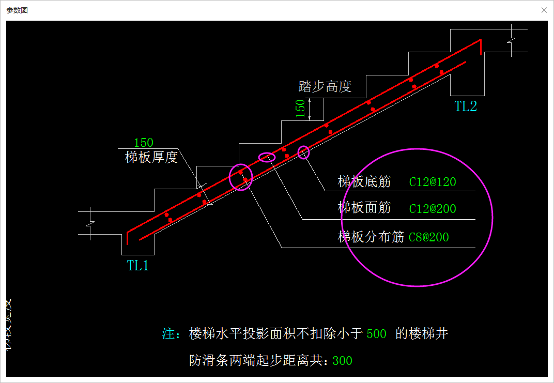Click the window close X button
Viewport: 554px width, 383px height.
pyautogui.click(x=544, y=10)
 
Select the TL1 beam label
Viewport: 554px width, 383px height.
pyautogui.click(x=138, y=266)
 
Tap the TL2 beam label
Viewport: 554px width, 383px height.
pyautogui.click(x=466, y=106)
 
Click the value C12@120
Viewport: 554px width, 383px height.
pyautogui.click(x=433, y=182)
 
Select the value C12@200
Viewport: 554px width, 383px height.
pyautogui.click(x=433, y=209)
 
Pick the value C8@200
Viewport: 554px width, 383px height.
pyautogui.click(x=428, y=238)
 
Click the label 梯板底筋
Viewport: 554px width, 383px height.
pyautogui.click(x=364, y=181)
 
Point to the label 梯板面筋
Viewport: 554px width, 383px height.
pyautogui.click(x=364, y=208)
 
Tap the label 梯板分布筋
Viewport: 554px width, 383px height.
pyautogui.click(x=371, y=237)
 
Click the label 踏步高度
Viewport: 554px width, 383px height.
pyautogui.click(x=325, y=86)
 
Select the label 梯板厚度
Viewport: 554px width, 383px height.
pyautogui.click(x=151, y=157)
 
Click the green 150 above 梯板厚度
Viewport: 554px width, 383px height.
pyautogui.click(x=144, y=143)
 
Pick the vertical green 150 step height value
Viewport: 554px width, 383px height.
pyautogui.click(x=300, y=109)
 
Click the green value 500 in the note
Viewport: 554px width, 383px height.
pyautogui.click(x=376, y=334)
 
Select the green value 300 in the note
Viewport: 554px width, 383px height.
pyautogui.click(x=342, y=361)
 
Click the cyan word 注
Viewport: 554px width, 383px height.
pyautogui.click(x=168, y=334)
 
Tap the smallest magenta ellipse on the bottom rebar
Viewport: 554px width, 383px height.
pyautogui.click(x=304, y=152)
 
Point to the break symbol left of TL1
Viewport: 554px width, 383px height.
pyautogui.click(x=90, y=223)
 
